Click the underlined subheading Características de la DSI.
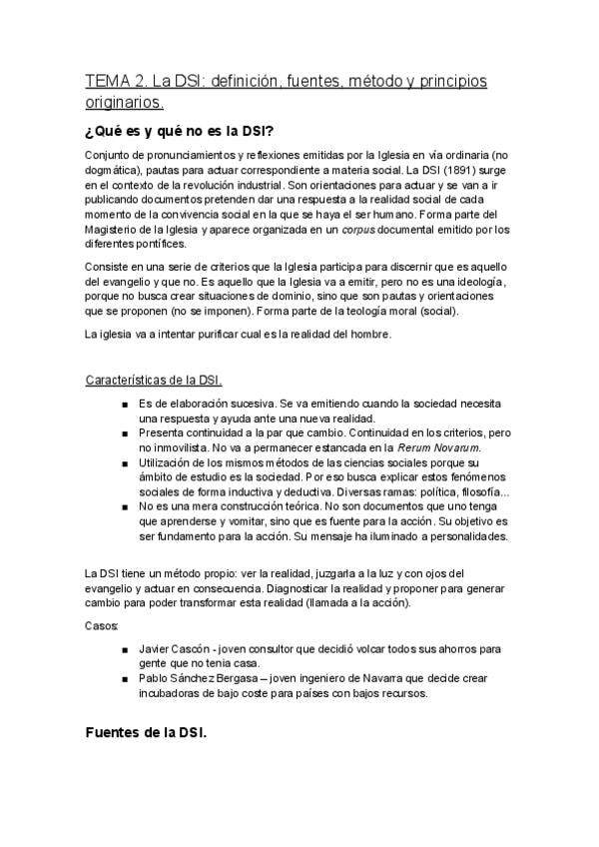pos(154,380)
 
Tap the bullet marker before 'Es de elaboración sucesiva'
pos(123,404)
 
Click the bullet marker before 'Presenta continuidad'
pos(123,434)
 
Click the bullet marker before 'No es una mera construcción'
pos(123,506)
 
